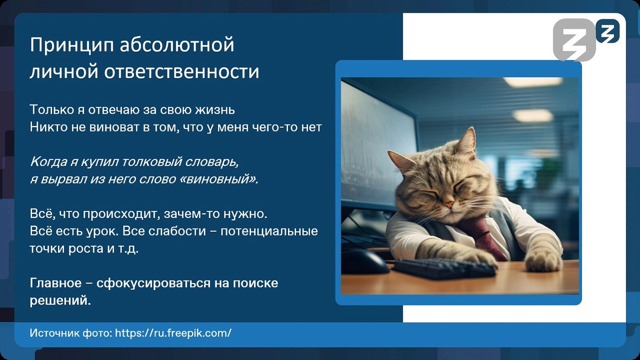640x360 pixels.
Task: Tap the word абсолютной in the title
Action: pyautogui.click(x=177, y=45)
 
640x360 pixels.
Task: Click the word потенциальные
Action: pyautogui.click(x=269, y=231)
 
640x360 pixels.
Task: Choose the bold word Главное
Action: pyautogui.click(x=55, y=283)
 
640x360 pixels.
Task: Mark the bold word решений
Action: pyautogui.click(x=60, y=300)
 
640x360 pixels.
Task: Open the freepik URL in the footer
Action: pyautogui.click(x=173, y=333)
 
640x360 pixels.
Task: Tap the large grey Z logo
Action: pyautogui.click(x=574, y=40)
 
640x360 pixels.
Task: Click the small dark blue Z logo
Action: pyautogui.click(x=608, y=31)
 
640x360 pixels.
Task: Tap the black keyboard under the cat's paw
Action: pyautogui.click(x=444, y=268)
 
